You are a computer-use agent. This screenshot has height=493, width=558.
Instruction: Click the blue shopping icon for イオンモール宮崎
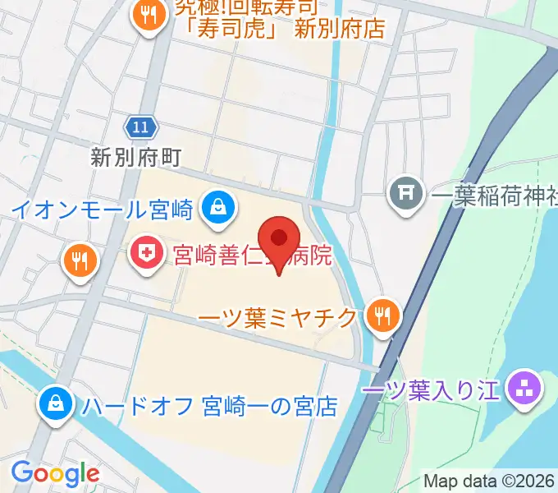219,206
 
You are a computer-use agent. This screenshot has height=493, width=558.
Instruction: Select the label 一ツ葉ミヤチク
278,316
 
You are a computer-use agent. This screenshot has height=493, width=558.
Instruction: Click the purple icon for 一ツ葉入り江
523,385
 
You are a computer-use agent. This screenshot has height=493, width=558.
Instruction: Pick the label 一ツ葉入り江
431,388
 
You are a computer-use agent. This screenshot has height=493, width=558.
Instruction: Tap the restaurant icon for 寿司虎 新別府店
148,17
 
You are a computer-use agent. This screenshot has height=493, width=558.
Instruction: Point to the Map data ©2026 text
490,481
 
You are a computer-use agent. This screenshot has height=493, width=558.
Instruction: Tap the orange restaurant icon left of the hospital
80,262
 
